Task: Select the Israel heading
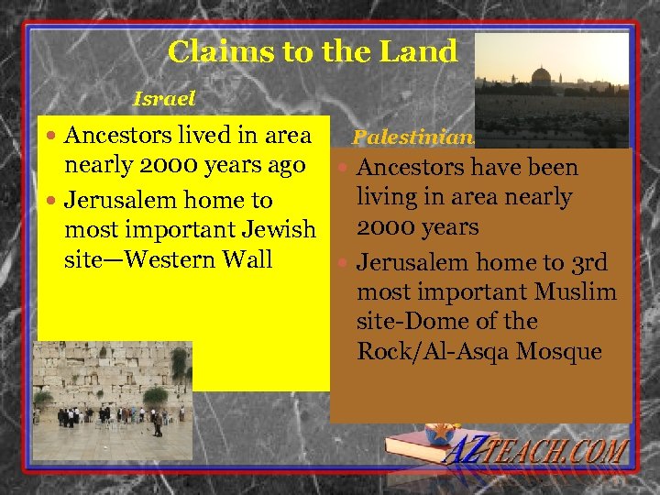pyautogui.click(x=164, y=96)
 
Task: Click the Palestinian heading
pyautogui.click(x=413, y=138)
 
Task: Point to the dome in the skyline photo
pyautogui.click(x=541, y=76)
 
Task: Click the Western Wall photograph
pyautogui.click(x=112, y=401)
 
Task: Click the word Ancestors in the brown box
pyautogui.click(x=410, y=168)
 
